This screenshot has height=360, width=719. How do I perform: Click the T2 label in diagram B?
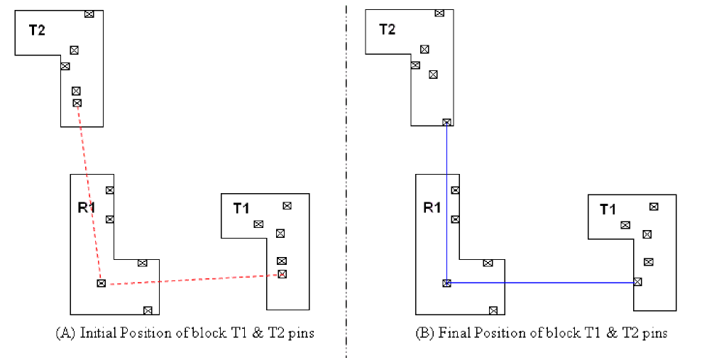pos(387,29)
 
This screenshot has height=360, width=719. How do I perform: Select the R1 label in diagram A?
pos(87,208)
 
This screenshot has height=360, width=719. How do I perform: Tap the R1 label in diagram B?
pos(432,208)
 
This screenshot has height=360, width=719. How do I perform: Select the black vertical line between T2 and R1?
pos(446,199)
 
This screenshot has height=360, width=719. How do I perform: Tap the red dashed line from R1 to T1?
pos(192,279)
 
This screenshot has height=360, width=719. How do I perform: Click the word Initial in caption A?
pos(98,332)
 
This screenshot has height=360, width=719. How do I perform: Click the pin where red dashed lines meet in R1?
pos(101,283)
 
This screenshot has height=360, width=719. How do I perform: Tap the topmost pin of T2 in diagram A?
pos(89,13)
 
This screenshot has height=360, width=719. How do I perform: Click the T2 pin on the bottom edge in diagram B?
pos(446,122)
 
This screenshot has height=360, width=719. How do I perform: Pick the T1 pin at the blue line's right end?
pos(637,282)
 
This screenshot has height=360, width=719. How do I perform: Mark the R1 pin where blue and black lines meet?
pos(446,283)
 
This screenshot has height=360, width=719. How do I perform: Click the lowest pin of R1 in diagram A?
pos(148,310)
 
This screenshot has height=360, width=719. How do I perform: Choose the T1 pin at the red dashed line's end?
pos(282,273)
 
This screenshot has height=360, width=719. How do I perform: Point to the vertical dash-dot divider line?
pos(346,178)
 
